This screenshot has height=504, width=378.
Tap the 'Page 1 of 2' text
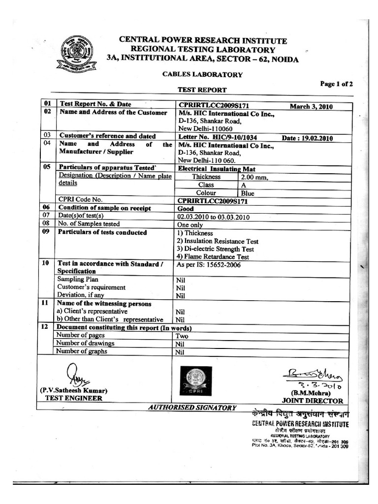coord(336,84)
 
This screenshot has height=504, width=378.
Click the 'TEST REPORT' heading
coord(202,90)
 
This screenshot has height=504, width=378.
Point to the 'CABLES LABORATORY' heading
coord(202,75)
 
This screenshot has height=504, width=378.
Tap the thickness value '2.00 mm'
coord(254,177)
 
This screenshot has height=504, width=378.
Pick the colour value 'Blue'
coord(248,193)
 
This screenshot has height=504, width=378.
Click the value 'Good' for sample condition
coord(186,209)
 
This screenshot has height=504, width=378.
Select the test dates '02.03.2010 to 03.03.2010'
coord(214,217)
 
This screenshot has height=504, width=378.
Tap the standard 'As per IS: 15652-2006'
coord(209,264)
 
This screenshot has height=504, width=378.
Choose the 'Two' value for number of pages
coord(183,336)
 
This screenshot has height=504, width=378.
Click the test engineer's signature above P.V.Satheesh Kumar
coord(74,375)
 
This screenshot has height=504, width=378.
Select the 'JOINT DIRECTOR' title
coord(313,401)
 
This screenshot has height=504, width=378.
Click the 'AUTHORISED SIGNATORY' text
coord(192,408)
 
